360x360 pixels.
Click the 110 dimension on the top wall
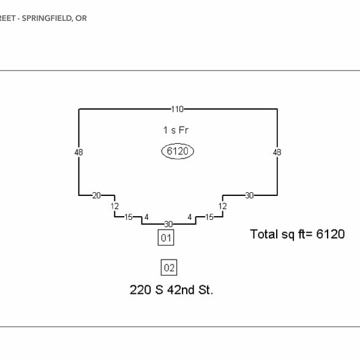pos(178,109)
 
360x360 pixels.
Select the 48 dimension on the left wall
pos(78,152)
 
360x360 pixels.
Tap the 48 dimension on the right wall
pos(277,152)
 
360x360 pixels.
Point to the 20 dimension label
pos(97,195)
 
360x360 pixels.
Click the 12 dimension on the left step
pos(114,206)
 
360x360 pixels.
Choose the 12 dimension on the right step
pos(222,206)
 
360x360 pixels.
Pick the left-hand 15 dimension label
pos(129,217)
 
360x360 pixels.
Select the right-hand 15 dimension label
pos(209,217)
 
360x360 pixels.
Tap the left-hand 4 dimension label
pos(146,217)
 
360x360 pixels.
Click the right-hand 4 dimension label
pos(190,217)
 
